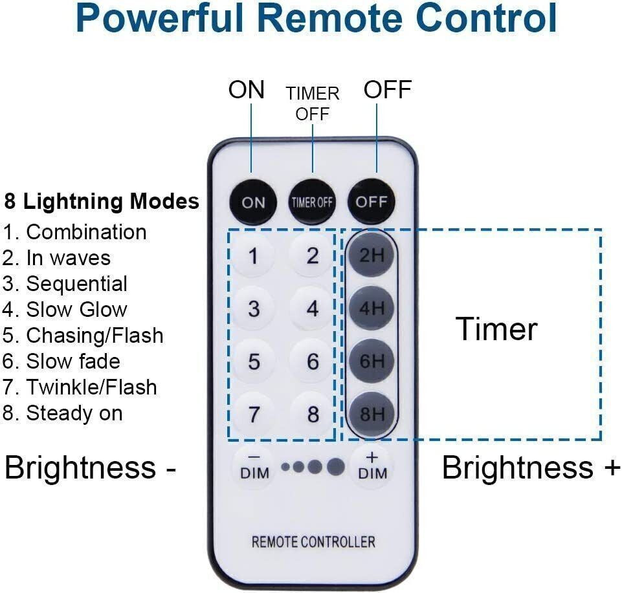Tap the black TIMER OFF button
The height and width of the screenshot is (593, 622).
pyautogui.click(x=312, y=202)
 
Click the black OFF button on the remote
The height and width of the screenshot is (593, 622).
pyautogui.click(x=372, y=201)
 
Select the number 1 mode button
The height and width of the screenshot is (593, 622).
pyautogui.click(x=254, y=257)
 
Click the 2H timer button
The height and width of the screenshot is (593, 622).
pyautogui.click(x=372, y=255)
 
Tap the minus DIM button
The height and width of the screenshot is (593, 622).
pyautogui.click(x=254, y=467)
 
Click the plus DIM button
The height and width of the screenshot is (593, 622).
pyautogui.click(x=372, y=467)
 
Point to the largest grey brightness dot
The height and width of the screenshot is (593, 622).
pyautogui.click(x=335, y=467)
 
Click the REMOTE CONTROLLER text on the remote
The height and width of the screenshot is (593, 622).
pyautogui.click(x=313, y=541)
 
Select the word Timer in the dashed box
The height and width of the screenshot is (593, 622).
pyautogui.click(x=497, y=329)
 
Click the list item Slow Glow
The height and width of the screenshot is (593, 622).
pyautogui.click(x=65, y=309)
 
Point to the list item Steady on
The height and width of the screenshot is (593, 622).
pyautogui.click(x=63, y=413)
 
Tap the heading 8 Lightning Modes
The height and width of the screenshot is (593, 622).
pyautogui.click(x=102, y=201)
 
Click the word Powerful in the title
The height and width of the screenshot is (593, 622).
pyautogui.click(x=164, y=19)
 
